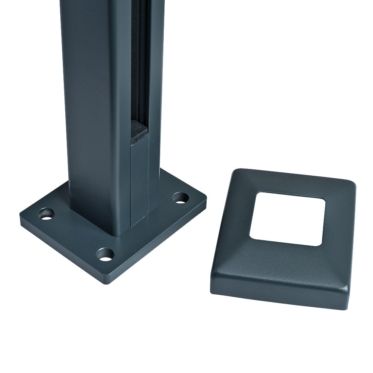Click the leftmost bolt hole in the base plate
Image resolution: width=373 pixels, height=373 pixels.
(46, 214)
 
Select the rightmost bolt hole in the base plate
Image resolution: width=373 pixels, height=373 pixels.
(181, 197)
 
